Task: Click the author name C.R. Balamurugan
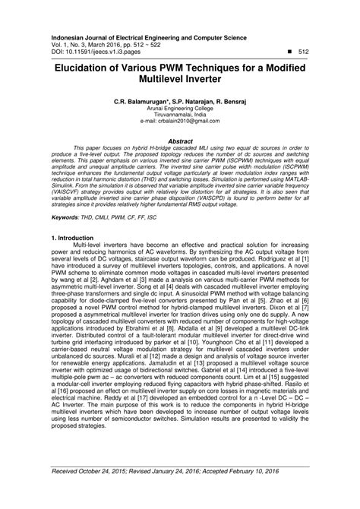tap(147, 101)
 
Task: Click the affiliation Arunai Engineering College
tap(180, 108)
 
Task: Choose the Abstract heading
tap(179, 141)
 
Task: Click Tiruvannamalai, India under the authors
tap(180, 115)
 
